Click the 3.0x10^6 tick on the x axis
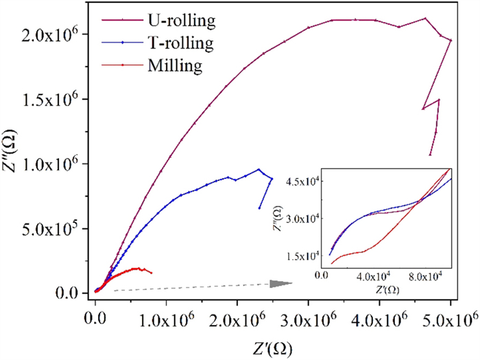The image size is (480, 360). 309,319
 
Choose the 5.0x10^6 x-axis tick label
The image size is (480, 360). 450,319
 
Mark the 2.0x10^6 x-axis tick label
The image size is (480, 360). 237,319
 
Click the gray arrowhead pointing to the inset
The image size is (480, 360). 280,283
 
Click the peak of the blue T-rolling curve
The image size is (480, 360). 259,169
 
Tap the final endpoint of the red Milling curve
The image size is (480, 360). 152,273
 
